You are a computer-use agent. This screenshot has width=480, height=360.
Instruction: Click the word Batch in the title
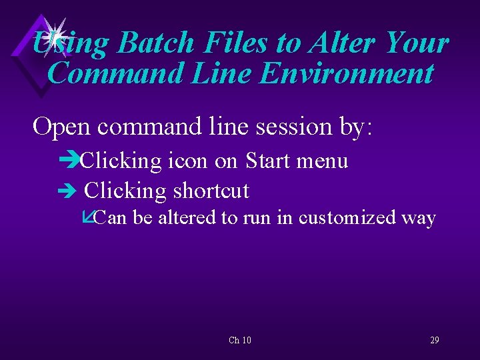[x=155, y=43]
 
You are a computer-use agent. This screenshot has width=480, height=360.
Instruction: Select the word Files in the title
[x=236, y=43]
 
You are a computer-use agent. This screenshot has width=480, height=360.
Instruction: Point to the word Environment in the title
[x=347, y=73]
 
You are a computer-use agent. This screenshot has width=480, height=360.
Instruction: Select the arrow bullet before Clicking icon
[x=69, y=161]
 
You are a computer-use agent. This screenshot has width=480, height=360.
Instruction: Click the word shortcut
[x=211, y=191]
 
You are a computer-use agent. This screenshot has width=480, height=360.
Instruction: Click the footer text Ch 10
[x=240, y=341]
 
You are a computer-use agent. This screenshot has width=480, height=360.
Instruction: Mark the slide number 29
[x=434, y=340]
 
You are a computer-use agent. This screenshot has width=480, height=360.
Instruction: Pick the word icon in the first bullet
[x=187, y=161]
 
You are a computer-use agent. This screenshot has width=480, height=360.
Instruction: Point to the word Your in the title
[x=417, y=43]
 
